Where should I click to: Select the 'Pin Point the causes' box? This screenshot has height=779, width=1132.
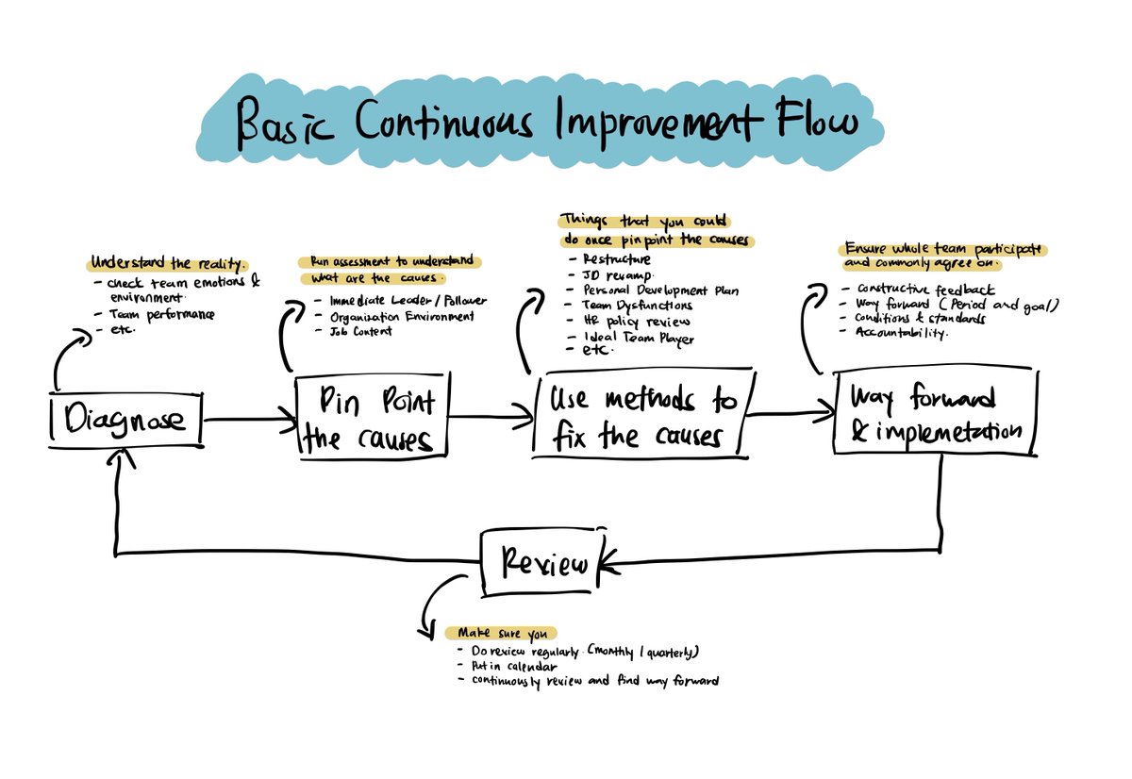(x=370, y=416)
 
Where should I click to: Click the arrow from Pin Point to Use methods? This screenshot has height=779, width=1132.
(x=491, y=413)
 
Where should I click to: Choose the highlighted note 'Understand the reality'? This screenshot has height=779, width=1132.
(x=169, y=263)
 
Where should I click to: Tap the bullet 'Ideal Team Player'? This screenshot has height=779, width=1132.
(x=640, y=337)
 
